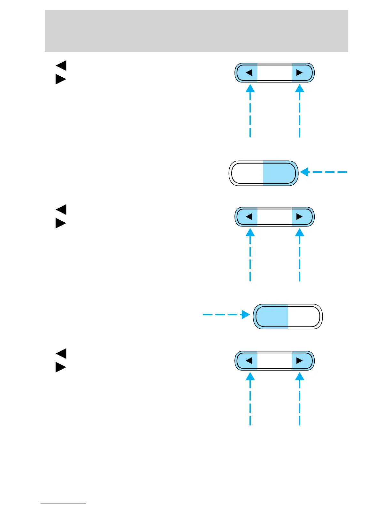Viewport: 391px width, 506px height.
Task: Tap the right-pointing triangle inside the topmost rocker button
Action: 299,73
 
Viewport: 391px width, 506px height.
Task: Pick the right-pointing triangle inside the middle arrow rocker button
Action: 299,217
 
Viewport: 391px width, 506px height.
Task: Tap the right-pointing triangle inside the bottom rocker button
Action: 299,361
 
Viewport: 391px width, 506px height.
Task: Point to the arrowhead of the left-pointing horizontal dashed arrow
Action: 305,172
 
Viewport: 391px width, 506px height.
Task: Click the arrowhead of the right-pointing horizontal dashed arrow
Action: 246,315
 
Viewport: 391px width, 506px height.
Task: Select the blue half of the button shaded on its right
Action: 279,173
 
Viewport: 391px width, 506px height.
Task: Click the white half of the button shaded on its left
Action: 303,317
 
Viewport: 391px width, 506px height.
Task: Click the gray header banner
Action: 196,31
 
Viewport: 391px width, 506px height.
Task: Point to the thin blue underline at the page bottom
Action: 63,503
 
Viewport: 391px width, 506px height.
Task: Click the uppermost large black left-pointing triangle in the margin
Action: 61,65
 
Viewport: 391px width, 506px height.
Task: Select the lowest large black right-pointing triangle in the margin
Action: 60,367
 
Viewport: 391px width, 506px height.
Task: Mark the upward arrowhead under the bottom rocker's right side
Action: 299,376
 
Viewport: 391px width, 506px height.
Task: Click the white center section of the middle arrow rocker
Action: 274,217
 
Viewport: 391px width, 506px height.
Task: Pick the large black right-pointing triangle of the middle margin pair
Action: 60,223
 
